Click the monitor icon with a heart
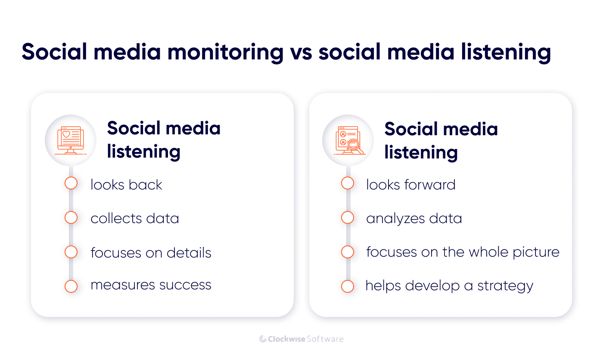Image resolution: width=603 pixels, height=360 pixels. pyautogui.click(x=71, y=140)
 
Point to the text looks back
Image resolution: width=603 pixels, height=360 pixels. pyautogui.click(x=126, y=185)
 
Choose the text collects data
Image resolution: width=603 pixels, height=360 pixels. pyautogui.click(x=134, y=218)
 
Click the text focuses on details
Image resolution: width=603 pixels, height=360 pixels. pyautogui.click(x=151, y=252)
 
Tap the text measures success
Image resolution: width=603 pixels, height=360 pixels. pyautogui.click(x=151, y=285)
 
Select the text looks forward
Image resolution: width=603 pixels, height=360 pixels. pyautogui.click(x=410, y=185)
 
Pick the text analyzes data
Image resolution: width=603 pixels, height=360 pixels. pyautogui.click(x=413, y=218)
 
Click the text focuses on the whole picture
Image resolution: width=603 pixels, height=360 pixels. pyautogui.click(x=463, y=252)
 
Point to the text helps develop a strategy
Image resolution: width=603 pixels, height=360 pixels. pyautogui.click(x=449, y=286)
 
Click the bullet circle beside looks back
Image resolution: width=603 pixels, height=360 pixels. pyautogui.click(x=71, y=183)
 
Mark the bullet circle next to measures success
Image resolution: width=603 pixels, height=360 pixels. pyautogui.click(x=71, y=286)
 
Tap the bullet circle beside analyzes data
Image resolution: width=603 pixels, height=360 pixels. pyautogui.click(x=348, y=217)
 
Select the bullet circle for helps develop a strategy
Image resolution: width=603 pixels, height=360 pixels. pyautogui.click(x=348, y=286)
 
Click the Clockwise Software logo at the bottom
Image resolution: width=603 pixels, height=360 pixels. pyautogui.click(x=301, y=339)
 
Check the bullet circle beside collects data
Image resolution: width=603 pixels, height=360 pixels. pyautogui.click(x=71, y=217)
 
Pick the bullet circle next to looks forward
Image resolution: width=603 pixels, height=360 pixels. pyautogui.click(x=348, y=183)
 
